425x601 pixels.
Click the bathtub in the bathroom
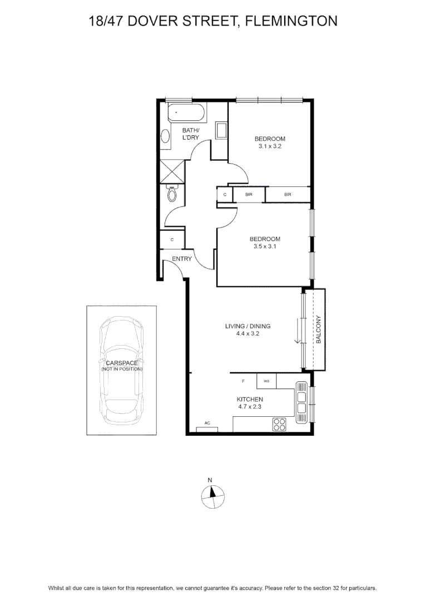(186, 112)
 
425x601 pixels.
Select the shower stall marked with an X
(172, 172)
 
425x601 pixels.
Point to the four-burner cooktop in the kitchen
(279, 424)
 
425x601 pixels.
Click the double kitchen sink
(302, 402)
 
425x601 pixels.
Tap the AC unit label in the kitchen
(207, 423)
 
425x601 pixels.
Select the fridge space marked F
(243, 381)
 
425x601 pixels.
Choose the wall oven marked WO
(266, 381)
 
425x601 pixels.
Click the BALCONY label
(318, 329)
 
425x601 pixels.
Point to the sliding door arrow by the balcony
(297, 330)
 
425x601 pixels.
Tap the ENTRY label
(182, 259)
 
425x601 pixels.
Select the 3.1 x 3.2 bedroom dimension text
(270, 146)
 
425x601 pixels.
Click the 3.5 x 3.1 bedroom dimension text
(264, 247)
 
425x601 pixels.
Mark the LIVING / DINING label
(248, 326)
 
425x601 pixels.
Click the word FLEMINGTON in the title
(291, 21)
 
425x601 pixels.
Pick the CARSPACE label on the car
(122, 363)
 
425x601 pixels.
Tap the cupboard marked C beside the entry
(172, 239)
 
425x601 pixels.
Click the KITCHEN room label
(250, 400)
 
